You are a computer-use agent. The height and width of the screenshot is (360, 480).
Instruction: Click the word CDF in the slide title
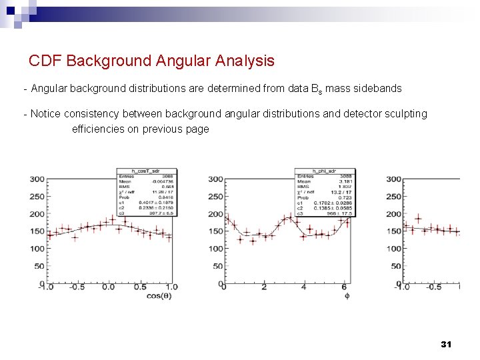pos(45,61)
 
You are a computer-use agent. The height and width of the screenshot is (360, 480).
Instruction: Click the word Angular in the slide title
pos(182,61)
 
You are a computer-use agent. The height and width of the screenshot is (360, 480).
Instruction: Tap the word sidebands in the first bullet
pos(378,89)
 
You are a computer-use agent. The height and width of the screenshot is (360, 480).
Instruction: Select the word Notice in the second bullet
pos(46,114)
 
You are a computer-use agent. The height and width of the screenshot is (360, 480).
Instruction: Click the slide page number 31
pos(446,344)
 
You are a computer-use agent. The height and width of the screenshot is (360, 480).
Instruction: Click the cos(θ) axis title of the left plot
pos(159,295)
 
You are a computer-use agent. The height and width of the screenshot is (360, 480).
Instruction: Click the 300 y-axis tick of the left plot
pos(37,179)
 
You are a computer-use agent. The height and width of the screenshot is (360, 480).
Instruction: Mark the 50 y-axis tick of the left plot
pos(39,266)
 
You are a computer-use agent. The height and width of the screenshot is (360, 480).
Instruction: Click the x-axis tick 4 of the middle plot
pos(304,287)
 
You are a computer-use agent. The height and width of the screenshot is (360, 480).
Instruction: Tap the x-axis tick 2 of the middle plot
pos(264,287)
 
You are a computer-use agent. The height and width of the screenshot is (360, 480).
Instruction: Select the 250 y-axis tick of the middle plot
pos(215,197)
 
